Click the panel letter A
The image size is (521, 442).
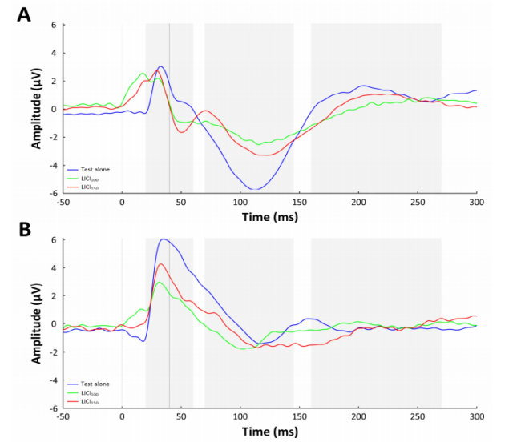(x=25, y=14)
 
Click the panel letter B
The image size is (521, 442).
(x=25, y=230)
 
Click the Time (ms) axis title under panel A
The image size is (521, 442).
(x=270, y=216)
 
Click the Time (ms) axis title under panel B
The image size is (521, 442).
(x=270, y=432)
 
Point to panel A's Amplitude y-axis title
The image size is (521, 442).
(x=36, y=108)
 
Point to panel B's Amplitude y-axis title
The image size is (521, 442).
(x=36, y=323)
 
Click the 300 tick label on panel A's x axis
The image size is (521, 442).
(x=476, y=203)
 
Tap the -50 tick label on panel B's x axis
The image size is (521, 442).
(x=63, y=417)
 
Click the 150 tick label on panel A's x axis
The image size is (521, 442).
(x=299, y=203)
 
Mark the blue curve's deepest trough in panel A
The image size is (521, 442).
(x=253, y=189)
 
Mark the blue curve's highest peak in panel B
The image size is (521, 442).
(x=164, y=239)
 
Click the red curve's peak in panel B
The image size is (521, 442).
(x=162, y=263)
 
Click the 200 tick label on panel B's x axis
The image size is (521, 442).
(x=358, y=417)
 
